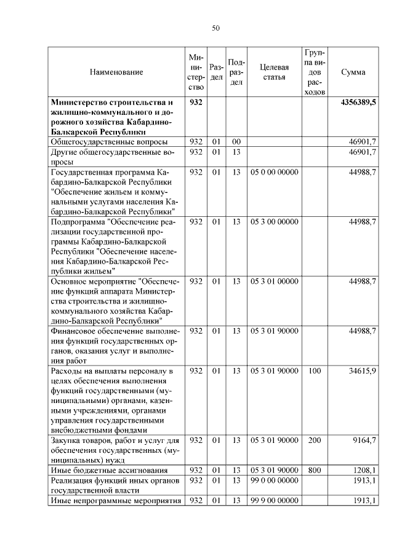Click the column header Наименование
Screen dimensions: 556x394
coord(116,72)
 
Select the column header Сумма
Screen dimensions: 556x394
coord(353,72)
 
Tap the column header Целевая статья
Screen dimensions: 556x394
coord(274,72)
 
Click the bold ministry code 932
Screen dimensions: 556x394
coord(196,103)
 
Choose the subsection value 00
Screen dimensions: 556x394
coord(236,142)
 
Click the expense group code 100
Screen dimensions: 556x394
coord(315,371)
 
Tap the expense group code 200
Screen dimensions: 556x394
coord(315,440)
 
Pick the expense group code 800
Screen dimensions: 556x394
coord(315,471)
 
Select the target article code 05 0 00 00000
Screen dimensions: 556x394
coord(274,172)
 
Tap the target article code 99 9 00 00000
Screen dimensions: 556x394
coord(274,501)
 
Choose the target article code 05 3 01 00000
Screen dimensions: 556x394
coord(274,281)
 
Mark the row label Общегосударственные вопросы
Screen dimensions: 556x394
coord(110,142)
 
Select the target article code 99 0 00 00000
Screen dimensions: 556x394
coord(274,480)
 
